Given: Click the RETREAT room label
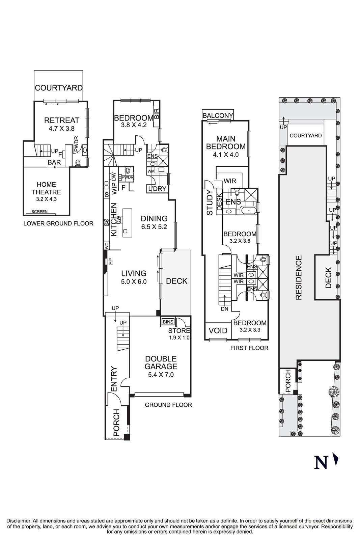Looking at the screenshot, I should [62, 120].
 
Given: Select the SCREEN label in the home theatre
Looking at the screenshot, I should [39, 212].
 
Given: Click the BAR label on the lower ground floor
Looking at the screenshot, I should [54, 162].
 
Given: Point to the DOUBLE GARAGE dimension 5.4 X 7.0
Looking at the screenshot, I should [161, 375].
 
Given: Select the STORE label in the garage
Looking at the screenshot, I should [179, 331].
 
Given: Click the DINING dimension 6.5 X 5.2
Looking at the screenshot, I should [154, 227].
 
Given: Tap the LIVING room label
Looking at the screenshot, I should [134, 273].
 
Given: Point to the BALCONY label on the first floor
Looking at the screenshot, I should [218, 115].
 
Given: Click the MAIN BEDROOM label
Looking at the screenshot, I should [226, 143].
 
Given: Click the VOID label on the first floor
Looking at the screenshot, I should [218, 330].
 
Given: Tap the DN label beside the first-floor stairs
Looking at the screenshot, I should [224, 309].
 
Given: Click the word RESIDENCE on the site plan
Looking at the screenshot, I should [298, 277].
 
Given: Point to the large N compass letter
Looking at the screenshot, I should [321, 462].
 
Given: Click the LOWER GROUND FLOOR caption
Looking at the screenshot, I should [58, 223].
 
